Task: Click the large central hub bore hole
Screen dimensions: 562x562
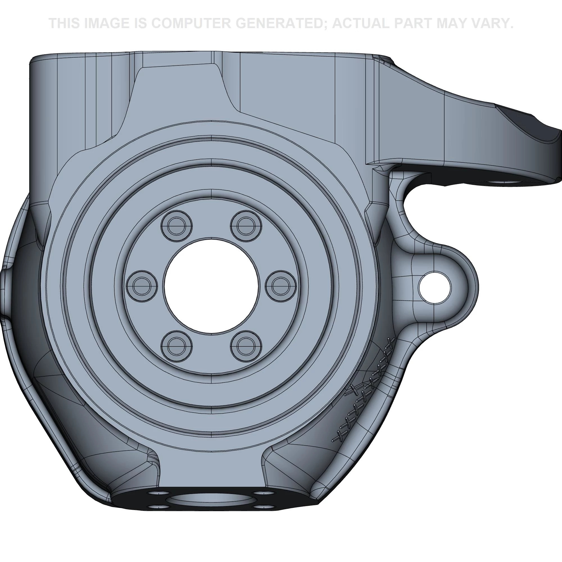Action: [x=212, y=286]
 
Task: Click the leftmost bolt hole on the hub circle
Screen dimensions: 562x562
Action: [x=142, y=286]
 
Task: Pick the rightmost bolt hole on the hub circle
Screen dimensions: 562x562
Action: [x=281, y=286]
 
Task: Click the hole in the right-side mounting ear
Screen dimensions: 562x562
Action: [x=434, y=287]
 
